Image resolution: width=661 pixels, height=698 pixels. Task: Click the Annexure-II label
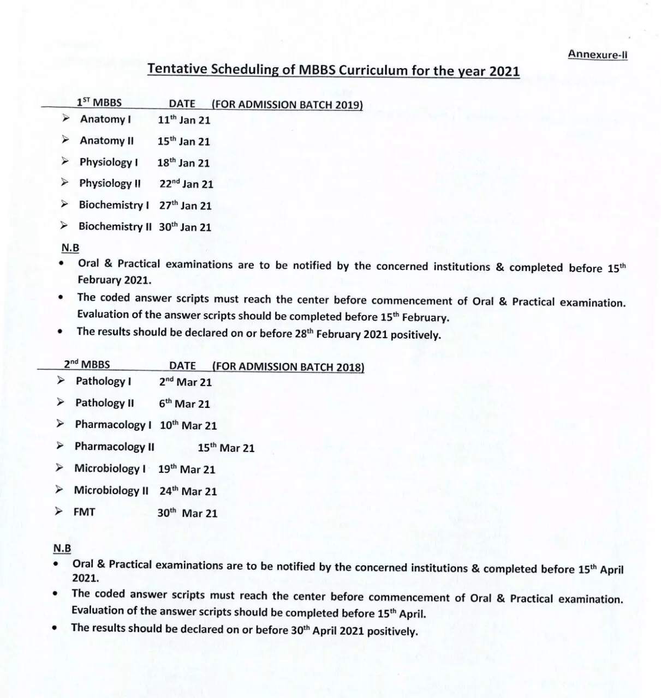pyautogui.click(x=597, y=54)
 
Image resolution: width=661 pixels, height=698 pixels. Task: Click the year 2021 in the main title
pyautogui.click(x=504, y=71)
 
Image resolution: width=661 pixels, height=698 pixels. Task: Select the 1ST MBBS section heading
pyautogui.click(x=99, y=103)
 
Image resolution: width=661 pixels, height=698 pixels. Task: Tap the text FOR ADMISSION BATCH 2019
pyautogui.click(x=287, y=104)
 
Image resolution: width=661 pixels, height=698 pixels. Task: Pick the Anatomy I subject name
pyautogui.click(x=105, y=119)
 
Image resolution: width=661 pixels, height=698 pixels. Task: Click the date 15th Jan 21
pyautogui.click(x=183, y=141)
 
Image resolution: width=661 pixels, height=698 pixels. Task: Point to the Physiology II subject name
pyautogui.click(x=110, y=183)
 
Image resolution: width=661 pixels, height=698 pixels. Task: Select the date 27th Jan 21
pyautogui.click(x=185, y=206)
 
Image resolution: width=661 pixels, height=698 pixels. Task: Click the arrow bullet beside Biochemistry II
pyautogui.click(x=64, y=226)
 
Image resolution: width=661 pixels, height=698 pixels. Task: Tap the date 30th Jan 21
pyautogui.click(x=184, y=227)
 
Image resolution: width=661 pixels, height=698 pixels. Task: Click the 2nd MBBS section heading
pyautogui.click(x=86, y=365)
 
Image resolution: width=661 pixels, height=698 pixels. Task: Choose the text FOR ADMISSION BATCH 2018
pyautogui.click(x=288, y=366)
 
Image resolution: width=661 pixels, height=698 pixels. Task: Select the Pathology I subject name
pyautogui.click(x=103, y=381)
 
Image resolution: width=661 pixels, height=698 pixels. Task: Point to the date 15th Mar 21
pyautogui.click(x=226, y=448)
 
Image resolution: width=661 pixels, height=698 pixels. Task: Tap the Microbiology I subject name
pyautogui.click(x=110, y=468)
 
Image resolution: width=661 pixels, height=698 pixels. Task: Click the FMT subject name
pyautogui.click(x=84, y=512)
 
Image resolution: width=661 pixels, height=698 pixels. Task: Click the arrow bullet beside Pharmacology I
pyautogui.click(x=60, y=424)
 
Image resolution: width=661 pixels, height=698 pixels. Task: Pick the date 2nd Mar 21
pyautogui.click(x=185, y=382)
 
